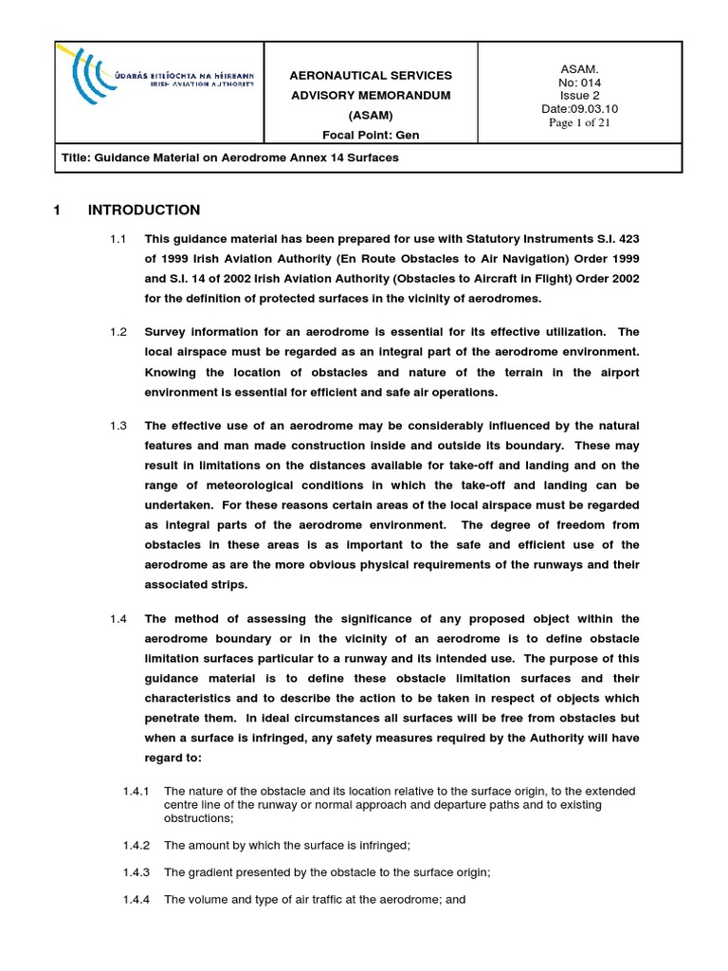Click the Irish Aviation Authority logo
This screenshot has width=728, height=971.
156,93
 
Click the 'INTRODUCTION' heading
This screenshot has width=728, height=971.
143,211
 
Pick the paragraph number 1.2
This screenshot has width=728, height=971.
118,331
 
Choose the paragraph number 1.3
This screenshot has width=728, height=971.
118,425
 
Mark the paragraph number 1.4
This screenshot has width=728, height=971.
118,619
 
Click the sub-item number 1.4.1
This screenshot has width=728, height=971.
139,791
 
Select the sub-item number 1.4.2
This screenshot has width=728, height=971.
139,845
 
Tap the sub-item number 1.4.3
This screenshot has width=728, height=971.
139,872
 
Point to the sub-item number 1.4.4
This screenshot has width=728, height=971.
139,900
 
